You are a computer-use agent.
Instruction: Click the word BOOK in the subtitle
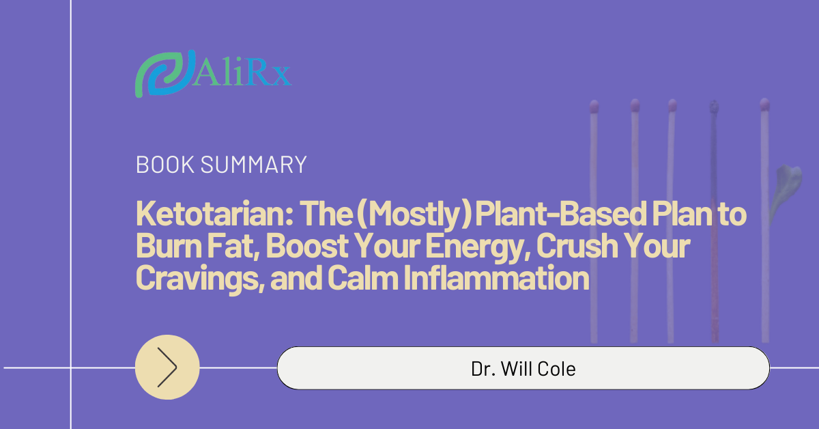click(165, 165)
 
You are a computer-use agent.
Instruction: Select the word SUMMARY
click(253, 165)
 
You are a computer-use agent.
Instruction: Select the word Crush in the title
click(577, 246)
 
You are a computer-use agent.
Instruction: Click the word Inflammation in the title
click(497, 277)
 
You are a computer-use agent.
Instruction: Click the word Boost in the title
click(307, 246)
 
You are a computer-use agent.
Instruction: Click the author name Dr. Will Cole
click(523, 369)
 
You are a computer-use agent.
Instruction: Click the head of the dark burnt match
click(714, 107)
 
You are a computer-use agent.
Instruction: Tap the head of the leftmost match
click(594, 107)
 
